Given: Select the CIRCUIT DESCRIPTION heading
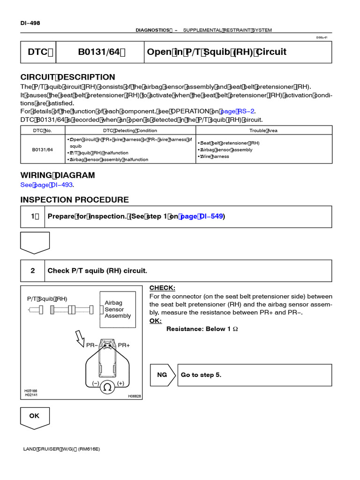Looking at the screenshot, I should (67, 77).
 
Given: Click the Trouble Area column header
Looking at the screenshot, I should (263, 130).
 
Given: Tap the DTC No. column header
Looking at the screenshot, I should (42, 130).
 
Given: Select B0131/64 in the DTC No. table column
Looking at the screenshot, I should (42, 150).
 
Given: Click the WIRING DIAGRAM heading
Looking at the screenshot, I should (57, 175).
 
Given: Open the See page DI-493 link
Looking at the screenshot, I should (47, 185).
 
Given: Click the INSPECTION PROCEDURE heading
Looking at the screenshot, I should (74, 200).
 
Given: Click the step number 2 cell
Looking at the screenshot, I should (33, 271).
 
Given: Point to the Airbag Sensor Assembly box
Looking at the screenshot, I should (118, 309).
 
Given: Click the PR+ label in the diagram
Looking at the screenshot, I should (124, 345).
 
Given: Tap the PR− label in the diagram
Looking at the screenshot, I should (92, 345).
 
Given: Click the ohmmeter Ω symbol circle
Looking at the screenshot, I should (107, 387).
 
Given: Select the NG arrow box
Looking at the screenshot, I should (163, 375).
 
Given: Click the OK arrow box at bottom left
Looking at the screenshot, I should (35, 417).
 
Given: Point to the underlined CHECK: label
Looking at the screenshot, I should (162, 288).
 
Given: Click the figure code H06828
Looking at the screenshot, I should (134, 396).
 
